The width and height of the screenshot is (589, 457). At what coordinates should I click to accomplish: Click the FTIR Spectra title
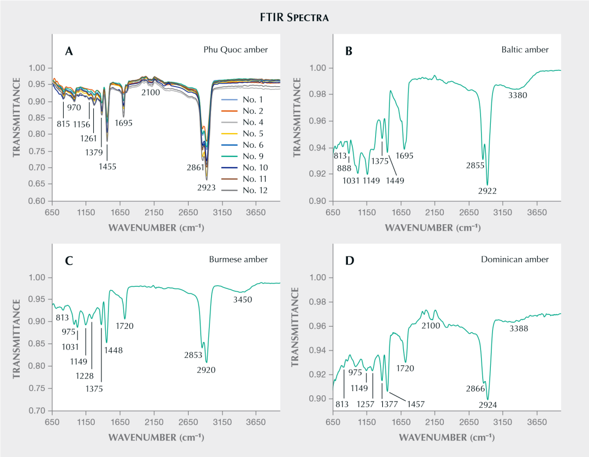pos(294,18)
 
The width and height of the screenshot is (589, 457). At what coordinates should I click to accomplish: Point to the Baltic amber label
pos(525,50)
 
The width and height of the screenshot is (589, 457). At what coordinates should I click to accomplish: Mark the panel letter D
pos(350,261)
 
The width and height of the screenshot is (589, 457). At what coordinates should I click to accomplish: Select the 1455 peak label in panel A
pos(107,166)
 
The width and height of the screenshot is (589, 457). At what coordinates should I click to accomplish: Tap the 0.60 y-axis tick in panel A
pos(38,201)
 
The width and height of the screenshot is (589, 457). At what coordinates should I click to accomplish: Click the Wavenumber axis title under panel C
pos(156,437)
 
